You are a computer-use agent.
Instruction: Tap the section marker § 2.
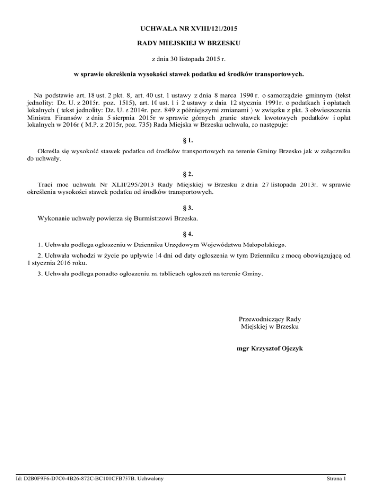[189, 174]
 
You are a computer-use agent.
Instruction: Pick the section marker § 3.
[189, 207]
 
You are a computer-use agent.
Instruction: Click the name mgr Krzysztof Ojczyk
[270, 348]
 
